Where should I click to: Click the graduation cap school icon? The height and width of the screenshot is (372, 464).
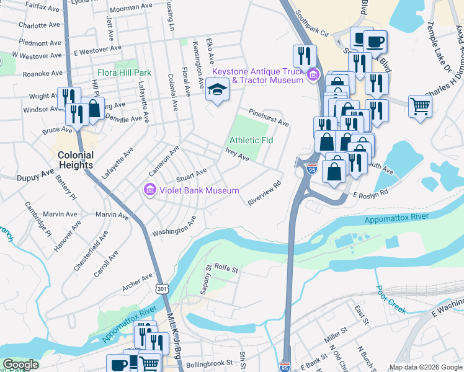pyautogui.click(x=216, y=91)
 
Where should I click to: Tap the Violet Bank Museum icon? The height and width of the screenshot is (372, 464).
pyautogui.click(x=149, y=190)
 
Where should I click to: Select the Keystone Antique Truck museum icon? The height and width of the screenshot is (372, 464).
pyautogui.click(x=313, y=76)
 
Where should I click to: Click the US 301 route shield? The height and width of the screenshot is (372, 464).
pyautogui.click(x=161, y=289)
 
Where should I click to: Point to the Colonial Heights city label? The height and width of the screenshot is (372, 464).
pyautogui.click(x=76, y=160)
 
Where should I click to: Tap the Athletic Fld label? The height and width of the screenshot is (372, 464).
pyautogui.click(x=251, y=140)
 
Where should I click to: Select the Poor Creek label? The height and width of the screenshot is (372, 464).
pyautogui.click(x=390, y=297)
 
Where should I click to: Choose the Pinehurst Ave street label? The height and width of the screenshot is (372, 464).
pyautogui.click(x=269, y=118)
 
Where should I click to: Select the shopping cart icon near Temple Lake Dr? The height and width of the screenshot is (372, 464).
pyautogui.click(x=420, y=106)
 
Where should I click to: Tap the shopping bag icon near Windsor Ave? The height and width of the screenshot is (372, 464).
pyautogui.click(x=94, y=108)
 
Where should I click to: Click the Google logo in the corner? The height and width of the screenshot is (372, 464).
pyautogui.click(x=20, y=365)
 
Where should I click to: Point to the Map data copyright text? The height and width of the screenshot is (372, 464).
pyautogui.click(x=424, y=367)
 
